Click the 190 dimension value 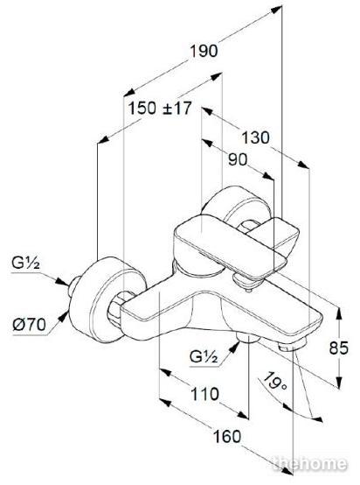[x=204, y=51]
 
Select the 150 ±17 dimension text [x=160, y=109]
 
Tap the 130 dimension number [x=255, y=137]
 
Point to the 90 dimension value [x=238, y=160]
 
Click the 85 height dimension [x=338, y=348]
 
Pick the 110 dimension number [x=205, y=394]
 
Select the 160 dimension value [x=227, y=437]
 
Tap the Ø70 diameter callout [x=30, y=325]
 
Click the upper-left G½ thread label [x=25, y=263]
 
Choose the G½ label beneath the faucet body [x=204, y=356]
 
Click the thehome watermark [x=309, y=463]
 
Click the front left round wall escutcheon [x=102, y=299]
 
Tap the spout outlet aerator [x=292, y=345]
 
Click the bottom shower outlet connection [x=247, y=337]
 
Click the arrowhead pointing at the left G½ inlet [x=62, y=282]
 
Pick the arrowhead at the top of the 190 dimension [x=276, y=9]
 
